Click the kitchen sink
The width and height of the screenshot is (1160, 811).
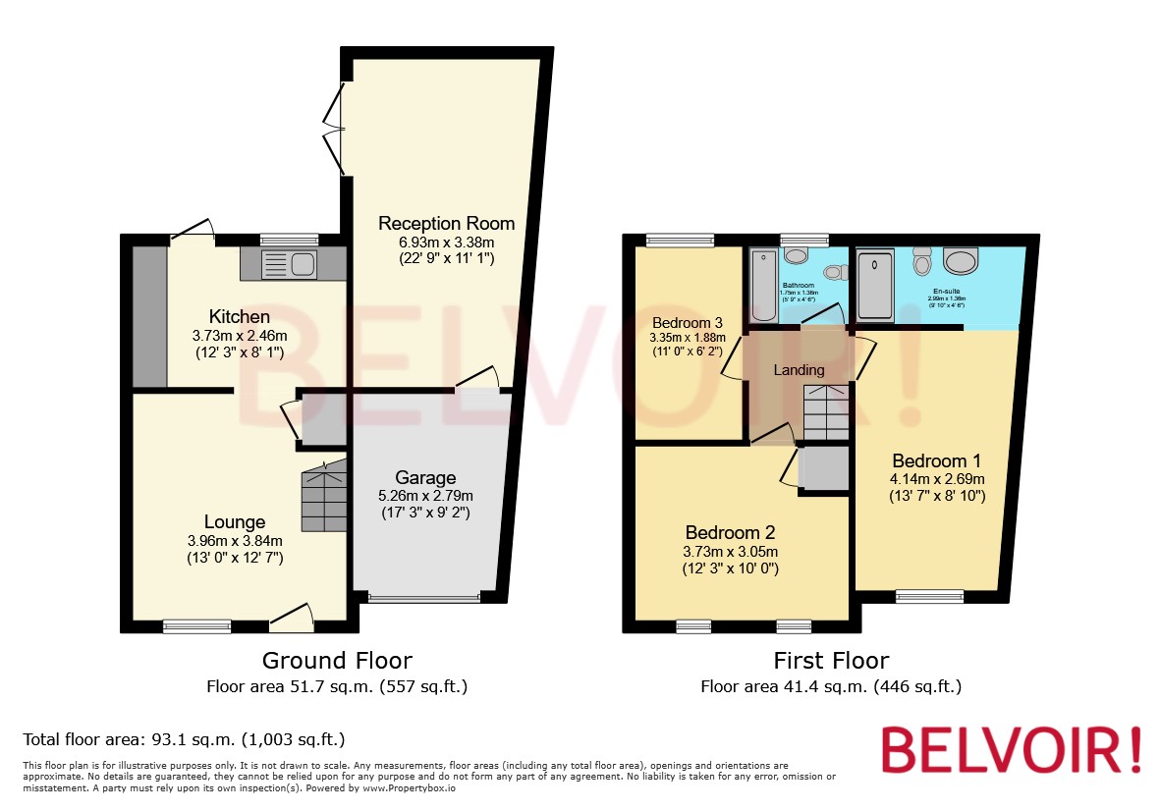coord(290,264)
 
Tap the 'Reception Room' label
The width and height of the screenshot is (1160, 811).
coord(446,223)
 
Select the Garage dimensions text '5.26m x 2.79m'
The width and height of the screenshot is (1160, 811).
coord(426,495)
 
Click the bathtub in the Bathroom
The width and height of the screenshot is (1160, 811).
coord(763,286)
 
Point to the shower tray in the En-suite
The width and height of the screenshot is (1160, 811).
coord(875,286)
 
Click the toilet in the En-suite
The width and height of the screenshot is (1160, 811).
coord(921,262)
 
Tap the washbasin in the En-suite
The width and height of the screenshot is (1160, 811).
coord(960,260)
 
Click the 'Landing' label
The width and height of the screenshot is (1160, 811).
coord(799,370)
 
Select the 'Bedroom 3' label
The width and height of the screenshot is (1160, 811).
coord(687,323)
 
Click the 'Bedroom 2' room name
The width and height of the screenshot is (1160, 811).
coord(730,532)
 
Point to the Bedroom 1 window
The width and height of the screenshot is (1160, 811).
coord(929,595)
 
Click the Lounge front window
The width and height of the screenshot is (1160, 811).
coord(196,625)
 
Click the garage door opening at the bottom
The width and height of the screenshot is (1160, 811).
coord(424,596)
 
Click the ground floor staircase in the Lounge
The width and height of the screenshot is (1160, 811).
coord(324,498)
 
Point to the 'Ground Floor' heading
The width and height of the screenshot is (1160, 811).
coord(337,661)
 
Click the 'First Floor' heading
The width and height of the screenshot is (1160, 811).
coord(830,661)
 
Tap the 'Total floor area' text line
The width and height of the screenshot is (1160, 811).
coord(184,739)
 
